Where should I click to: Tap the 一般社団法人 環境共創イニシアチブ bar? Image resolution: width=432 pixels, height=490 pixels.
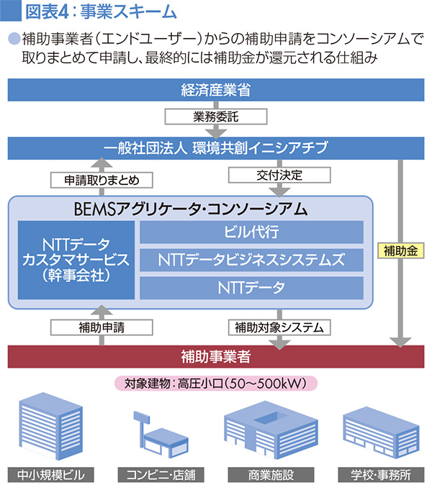215,148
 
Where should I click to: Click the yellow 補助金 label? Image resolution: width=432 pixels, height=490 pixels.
400,251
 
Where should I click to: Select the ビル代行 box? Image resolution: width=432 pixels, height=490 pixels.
251,232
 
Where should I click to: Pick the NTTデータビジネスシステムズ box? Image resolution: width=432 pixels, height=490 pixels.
251,259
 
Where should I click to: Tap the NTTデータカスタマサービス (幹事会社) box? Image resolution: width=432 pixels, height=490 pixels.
75,259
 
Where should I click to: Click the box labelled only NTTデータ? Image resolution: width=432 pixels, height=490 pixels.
251,287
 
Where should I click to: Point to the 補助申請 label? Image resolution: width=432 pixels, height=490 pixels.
102,327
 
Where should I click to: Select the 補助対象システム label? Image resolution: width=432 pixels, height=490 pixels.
278,327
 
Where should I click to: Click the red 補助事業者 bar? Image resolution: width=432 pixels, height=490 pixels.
215,355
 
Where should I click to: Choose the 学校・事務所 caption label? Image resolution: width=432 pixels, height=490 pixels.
377,475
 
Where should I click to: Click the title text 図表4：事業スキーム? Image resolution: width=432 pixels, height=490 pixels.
100,12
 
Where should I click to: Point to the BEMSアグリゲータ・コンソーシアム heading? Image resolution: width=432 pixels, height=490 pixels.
191,209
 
